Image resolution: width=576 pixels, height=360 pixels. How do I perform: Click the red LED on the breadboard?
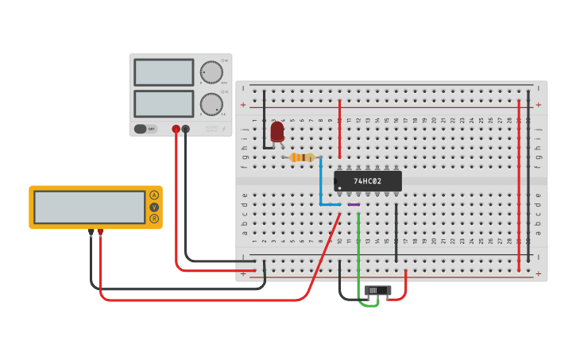click(x=277, y=131)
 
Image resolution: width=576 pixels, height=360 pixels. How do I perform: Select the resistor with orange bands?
click(x=302, y=157)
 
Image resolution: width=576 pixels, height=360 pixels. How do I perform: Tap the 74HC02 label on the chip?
click(x=368, y=181)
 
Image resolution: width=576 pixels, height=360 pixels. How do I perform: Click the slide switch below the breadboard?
click(x=377, y=291)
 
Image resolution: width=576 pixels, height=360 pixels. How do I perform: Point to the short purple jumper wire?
click(x=354, y=205)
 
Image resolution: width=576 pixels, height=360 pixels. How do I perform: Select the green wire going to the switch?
click(x=358, y=254)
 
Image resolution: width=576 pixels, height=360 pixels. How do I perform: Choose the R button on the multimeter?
click(x=154, y=219)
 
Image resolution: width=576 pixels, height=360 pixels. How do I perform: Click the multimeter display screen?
click(x=89, y=207)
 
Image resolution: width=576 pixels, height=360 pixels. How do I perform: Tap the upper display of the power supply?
click(x=164, y=72)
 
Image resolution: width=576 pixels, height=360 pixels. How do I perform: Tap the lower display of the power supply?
click(x=164, y=103)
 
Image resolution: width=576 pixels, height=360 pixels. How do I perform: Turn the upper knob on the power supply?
click(x=211, y=72)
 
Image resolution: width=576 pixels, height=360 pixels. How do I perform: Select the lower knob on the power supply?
click(x=211, y=104)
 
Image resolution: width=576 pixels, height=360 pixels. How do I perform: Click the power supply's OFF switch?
click(x=145, y=129)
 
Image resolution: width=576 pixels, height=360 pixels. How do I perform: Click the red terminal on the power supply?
click(x=176, y=129)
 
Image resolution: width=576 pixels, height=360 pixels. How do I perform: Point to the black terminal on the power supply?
click(x=186, y=129)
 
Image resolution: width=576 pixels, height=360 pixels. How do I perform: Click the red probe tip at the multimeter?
click(x=100, y=233)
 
